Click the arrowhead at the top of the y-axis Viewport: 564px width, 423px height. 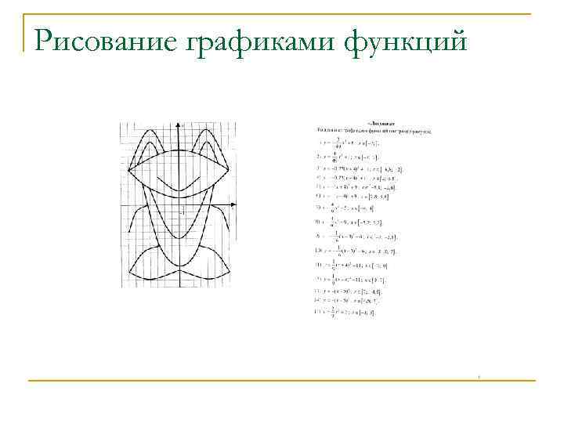(181, 125)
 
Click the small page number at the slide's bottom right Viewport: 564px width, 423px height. (479, 378)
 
